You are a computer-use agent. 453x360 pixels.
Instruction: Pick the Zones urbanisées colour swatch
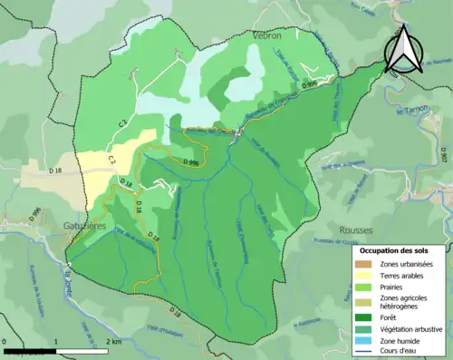(x=363, y=263)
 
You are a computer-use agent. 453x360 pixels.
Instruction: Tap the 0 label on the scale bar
(x=5, y=341)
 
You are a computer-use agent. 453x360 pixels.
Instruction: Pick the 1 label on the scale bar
(x=55, y=341)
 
